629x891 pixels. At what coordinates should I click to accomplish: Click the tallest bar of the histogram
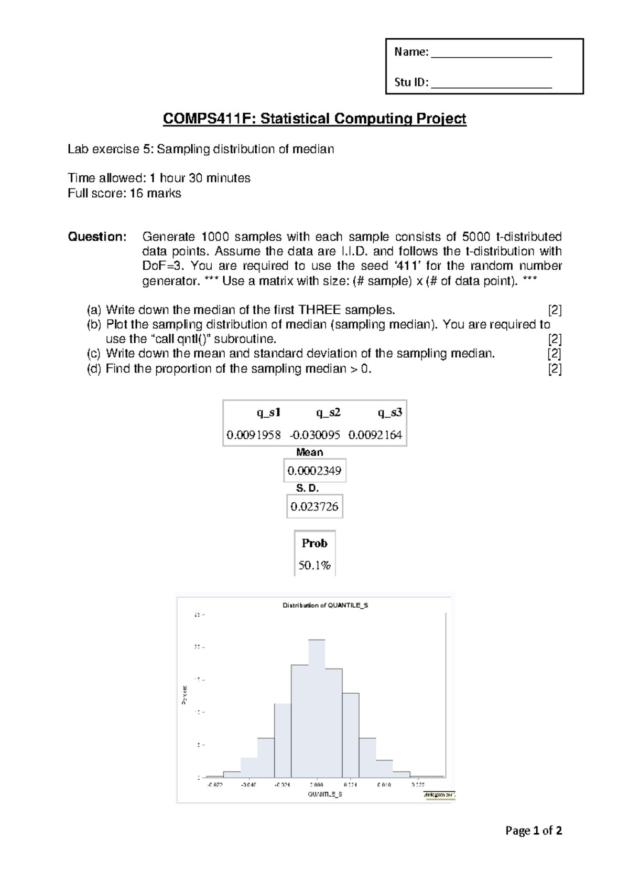point(317,708)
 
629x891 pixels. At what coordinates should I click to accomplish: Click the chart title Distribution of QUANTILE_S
point(325,605)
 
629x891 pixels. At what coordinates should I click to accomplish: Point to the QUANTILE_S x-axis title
point(325,794)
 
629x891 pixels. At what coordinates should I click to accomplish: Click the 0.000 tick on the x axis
point(317,785)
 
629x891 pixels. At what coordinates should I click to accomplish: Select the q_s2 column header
point(328,412)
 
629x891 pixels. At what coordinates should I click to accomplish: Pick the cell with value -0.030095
point(315,435)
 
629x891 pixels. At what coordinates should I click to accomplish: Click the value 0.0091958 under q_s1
point(254,435)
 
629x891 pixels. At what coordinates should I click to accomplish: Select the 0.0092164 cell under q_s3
point(375,435)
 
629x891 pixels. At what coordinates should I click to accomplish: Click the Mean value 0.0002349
point(314,471)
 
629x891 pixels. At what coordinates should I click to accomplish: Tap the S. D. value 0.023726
point(314,506)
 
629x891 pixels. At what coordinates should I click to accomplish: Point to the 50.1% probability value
point(314,565)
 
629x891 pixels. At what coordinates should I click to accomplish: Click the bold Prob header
point(314,543)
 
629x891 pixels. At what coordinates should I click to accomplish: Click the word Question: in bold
point(97,237)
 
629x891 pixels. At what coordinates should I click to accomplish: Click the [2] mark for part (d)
point(555,369)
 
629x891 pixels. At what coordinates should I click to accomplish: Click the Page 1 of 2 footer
point(534,831)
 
